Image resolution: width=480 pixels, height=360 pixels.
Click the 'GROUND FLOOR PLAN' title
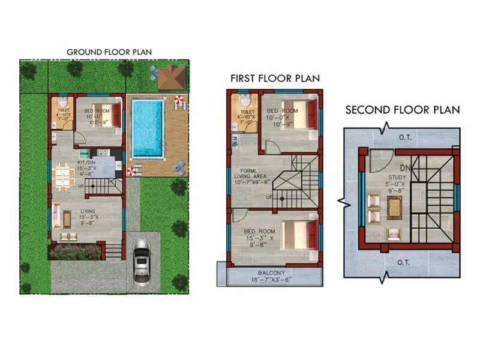(109, 52)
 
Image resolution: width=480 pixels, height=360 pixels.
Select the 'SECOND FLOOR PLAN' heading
(402, 110)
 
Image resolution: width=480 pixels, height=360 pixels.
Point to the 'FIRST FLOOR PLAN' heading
(275, 79)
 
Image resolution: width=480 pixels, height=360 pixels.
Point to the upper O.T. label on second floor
(406, 137)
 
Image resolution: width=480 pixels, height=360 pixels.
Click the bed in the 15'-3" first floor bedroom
(299, 232)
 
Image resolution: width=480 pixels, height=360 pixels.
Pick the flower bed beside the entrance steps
(74, 251)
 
